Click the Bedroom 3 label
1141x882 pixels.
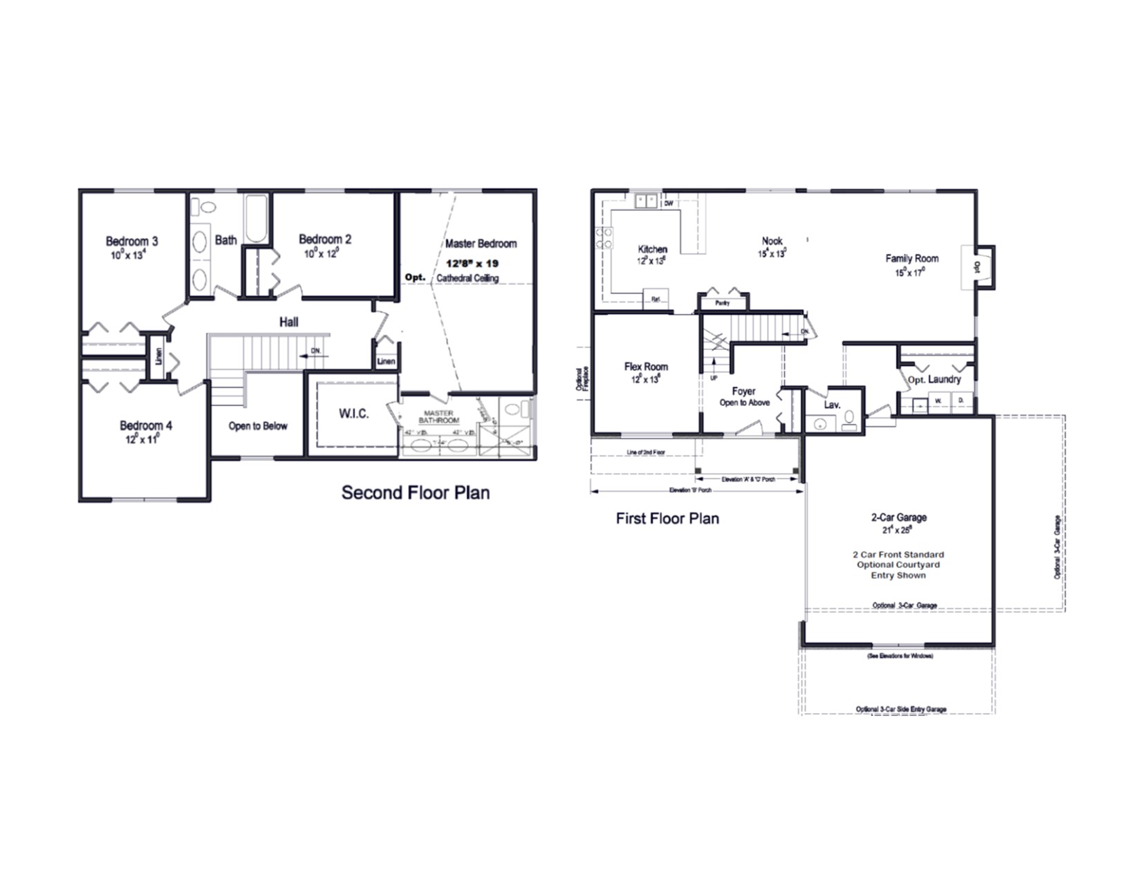point(131,241)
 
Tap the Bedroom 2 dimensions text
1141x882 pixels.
point(322,253)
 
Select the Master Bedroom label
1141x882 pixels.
point(481,244)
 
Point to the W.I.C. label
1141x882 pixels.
point(353,414)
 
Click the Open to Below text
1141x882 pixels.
point(258,426)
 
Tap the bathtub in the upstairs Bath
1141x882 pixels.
point(257,218)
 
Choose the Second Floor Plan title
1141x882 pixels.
point(416,493)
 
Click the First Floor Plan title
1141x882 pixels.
point(667,518)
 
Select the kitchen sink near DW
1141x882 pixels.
point(647,201)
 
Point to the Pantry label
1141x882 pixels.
point(723,303)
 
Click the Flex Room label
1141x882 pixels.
point(646,367)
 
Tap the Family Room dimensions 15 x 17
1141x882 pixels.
point(910,273)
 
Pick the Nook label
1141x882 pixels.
point(772,241)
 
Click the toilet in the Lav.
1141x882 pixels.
point(850,421)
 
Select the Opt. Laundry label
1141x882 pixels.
point(934,379)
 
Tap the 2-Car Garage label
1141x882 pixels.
point(898,517)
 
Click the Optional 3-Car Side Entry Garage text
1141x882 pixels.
point(901,709)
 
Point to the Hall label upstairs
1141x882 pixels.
point(289,322)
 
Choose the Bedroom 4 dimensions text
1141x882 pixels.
point(142,439)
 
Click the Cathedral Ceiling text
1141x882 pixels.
point(467,278)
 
